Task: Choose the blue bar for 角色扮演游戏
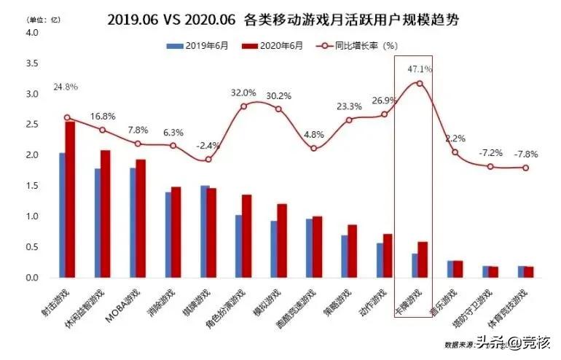[238, 246]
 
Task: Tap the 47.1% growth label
[420, 69]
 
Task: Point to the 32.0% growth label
[243, 93]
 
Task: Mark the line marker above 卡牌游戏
[419, 83]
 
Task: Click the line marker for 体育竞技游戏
[525, 168]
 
